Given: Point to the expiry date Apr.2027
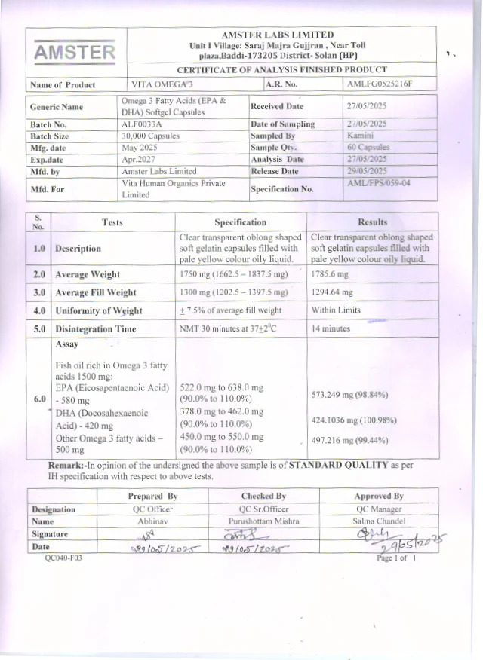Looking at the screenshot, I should click(x=138, y=160).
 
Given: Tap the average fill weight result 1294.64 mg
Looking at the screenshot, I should click(x=337, y=292).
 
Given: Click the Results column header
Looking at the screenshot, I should click(x=373, y=222).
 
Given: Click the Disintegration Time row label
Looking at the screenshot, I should click(x=95, y=328).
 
